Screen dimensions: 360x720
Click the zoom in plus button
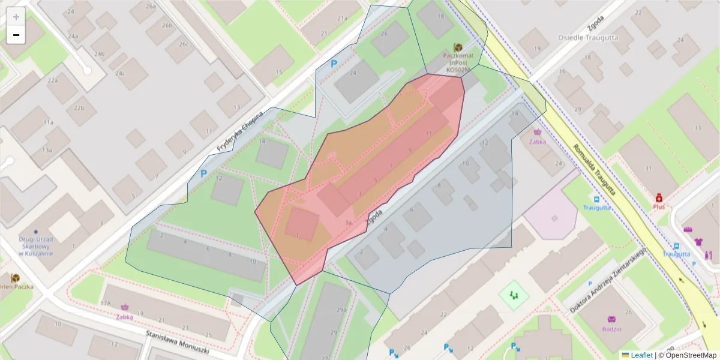(x=16, y=17)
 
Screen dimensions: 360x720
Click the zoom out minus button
(x=16, y=35)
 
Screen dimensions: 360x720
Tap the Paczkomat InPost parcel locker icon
(x=458, y=47)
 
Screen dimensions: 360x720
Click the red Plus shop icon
(x=659, y=197)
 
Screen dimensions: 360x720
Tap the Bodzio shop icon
(x=612, y=319)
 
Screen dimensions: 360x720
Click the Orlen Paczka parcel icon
(x=15, y=277)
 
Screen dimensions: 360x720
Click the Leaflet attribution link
(x=641, y=355)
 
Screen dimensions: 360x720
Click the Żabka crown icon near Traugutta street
(x=537, y=133)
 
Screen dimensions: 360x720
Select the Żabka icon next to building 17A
(x=125, y=307)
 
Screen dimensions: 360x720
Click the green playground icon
(x=512, y=295)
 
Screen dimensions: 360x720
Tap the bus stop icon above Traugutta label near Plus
(x=596, y=199)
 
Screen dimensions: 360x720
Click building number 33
(x=697, y=128)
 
